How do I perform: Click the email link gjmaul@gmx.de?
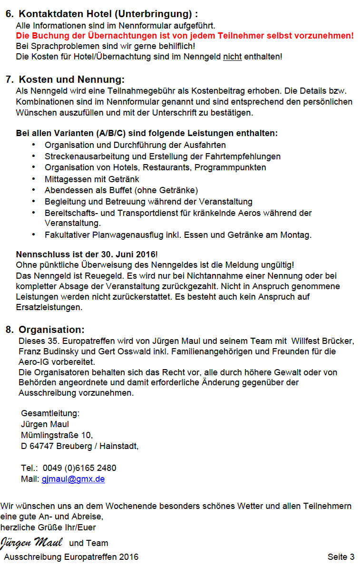click(73, 479)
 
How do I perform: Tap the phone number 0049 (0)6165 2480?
click(79, 468)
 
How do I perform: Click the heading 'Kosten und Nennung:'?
click(71, 79)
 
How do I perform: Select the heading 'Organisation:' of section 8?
click(51, 330)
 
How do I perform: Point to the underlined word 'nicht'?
click(233, 57)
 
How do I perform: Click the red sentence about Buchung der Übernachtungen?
click(185, 36)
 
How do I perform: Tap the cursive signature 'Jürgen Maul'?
click(31, 542)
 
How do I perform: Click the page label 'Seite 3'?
click(341, 556)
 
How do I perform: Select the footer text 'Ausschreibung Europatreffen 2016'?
click(71, 556)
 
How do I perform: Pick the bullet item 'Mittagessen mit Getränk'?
click(92, 179)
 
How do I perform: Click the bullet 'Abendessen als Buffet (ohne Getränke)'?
click(121, 190)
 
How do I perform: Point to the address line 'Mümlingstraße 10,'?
click(57, 435)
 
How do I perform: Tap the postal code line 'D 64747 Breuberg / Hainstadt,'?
click(80, 446)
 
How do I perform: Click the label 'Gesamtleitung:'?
click(50, 413)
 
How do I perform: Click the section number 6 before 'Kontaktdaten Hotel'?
click(9, 14)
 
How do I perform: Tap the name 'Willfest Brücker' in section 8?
click(322, 341)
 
